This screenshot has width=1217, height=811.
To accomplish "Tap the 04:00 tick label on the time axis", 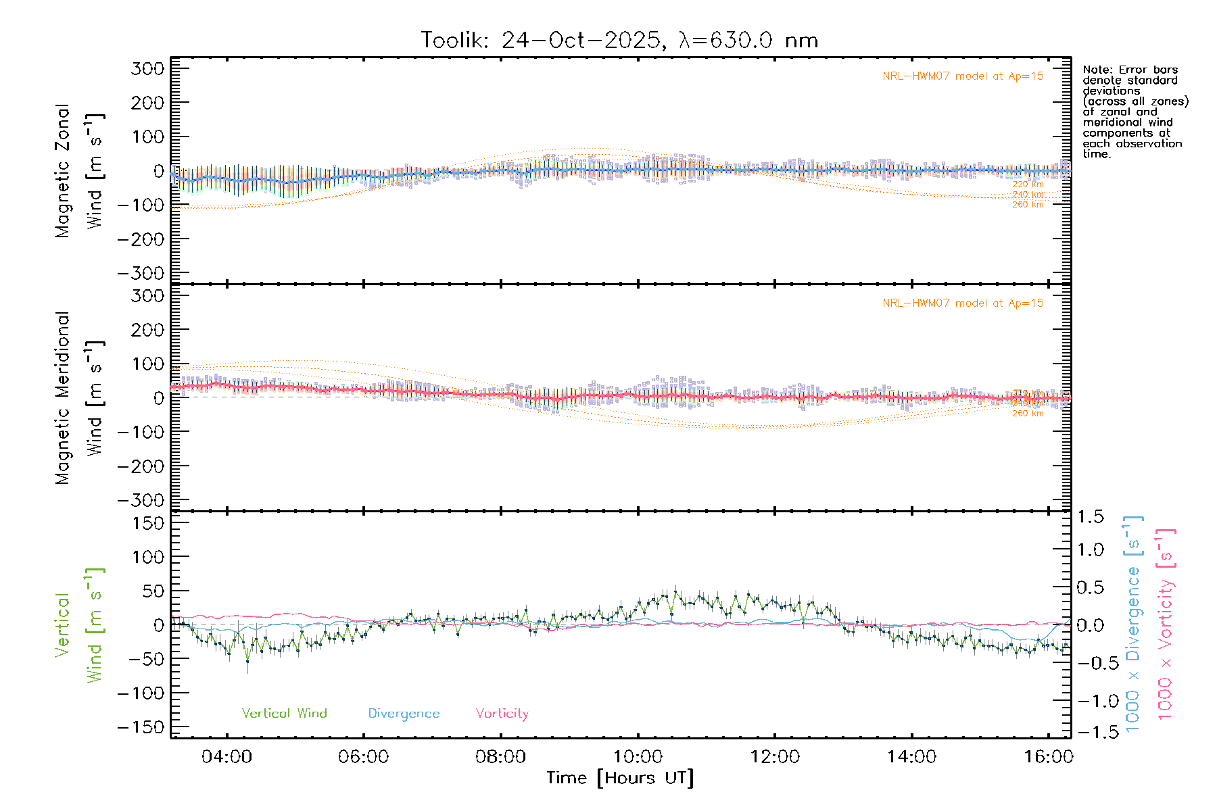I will [226, 757].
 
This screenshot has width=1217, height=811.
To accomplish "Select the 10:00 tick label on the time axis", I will [638, 757].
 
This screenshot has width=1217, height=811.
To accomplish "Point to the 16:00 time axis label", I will [1048, 757].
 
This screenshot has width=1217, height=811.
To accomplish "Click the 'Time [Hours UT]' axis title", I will [620, 779].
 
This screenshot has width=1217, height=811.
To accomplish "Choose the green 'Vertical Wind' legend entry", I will [284, 714].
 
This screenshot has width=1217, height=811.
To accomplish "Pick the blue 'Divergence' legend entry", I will [404, 714].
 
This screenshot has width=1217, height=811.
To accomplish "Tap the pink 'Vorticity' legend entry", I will [502, 714].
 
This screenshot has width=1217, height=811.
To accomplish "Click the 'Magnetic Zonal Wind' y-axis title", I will [78, 171].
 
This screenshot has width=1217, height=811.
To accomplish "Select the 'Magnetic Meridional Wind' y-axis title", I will [78, 398].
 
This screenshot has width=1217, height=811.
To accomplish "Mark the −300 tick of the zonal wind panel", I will [141, 273].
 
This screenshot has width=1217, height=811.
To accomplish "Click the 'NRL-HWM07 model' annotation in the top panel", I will [963, 76].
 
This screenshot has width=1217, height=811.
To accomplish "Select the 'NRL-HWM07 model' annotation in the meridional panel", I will [963, 303].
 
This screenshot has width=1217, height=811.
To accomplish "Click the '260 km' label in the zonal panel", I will [1028, 205].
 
